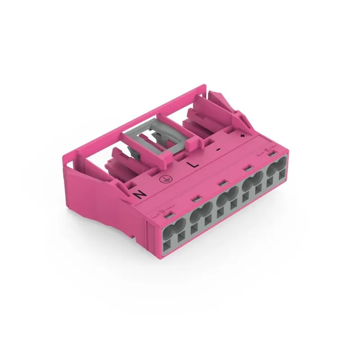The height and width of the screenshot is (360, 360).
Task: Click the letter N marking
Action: (140, 194)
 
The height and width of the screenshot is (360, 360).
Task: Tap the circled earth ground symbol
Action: (165, 179)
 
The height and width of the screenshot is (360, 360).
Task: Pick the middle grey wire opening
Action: (224, 198)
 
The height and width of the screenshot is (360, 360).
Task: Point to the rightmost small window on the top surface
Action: (271, 155)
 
